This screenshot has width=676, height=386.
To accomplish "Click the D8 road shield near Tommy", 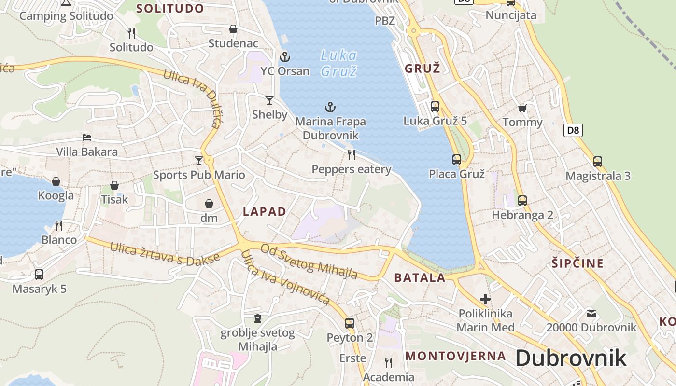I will [573, 130].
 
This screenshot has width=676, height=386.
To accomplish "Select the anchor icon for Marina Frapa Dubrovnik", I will [330, 107].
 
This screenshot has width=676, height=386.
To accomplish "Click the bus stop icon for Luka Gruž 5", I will [435, 107].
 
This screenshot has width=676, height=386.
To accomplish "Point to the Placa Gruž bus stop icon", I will [457, 159].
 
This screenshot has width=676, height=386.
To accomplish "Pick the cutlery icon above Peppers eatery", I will [352, 155].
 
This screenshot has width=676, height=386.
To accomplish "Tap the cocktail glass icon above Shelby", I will [269, 100].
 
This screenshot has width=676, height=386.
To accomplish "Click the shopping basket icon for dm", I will [209, 204].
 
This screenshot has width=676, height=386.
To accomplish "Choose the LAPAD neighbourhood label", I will [265, 211].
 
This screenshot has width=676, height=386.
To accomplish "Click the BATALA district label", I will [420, 277].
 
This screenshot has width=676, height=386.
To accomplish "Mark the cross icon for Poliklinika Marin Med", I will [485, 299].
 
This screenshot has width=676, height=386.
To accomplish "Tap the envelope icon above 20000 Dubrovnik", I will [591, 314].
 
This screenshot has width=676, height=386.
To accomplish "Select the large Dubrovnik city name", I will [571, 358].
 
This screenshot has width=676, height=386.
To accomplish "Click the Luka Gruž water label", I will [339, 63].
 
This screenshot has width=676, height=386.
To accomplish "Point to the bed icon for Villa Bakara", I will [87, 138].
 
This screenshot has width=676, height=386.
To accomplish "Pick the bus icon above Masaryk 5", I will [39, 275].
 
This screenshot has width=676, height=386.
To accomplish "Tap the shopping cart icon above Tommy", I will [522, 108].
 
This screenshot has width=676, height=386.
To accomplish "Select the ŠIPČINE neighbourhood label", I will [577, 263].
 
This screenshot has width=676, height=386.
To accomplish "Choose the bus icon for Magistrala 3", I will [598, 162].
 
